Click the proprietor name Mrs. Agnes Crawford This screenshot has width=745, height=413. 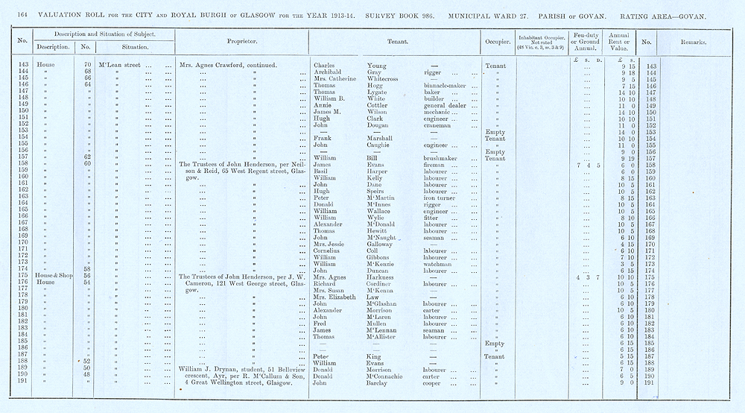pyautogui.click(x=211, y=65)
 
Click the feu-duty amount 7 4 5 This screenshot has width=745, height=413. pyautogui.click(x=588, y=165)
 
